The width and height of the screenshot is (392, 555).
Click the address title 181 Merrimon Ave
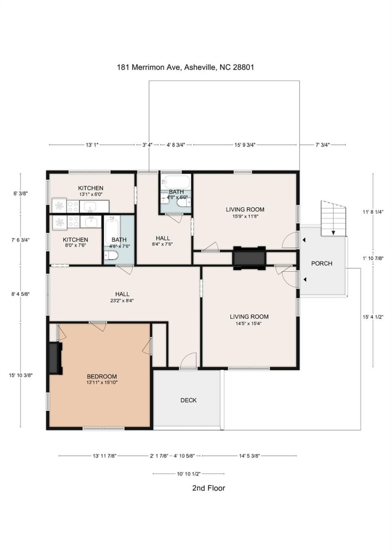(x=185, y=67)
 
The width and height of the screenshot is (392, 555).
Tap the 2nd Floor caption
(x=208, y=488)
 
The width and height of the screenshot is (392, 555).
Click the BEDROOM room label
(x=102, y=377)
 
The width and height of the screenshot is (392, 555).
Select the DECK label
(x=188, y=400)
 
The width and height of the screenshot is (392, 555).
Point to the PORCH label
(x=322, y=263)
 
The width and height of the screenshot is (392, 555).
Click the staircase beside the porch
(x=333, y=219)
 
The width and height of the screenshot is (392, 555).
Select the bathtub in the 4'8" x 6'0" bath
(x=176, y=181)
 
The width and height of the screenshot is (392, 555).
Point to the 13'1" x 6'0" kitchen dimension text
(x=91, y=195)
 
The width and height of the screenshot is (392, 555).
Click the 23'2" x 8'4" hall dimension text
(x=122, y=301)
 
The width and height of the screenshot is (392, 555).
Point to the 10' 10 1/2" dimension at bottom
(x=189, y=474)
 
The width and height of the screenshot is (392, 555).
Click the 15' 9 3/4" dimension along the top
(x=245, y=145)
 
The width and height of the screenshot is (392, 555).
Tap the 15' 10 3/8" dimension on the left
(x=21, y=375)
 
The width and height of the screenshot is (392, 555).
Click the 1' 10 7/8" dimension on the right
(x=373, y=258)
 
